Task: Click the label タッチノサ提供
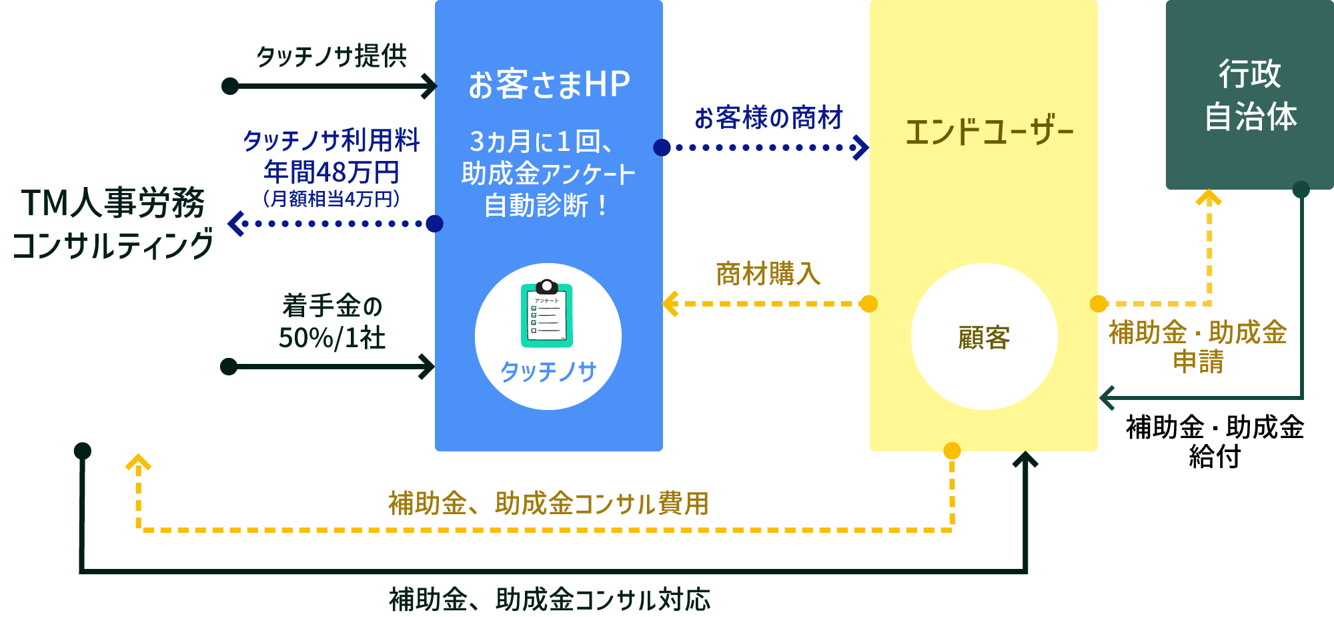coord(331,56)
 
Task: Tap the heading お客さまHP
coord(549,85)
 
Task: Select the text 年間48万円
coord(331,172)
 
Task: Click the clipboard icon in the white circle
coord(547,314)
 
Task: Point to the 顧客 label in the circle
coord(984,338)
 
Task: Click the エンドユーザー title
coord(988,132)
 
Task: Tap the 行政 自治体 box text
coord(1250,95)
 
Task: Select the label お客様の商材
coord(768,118)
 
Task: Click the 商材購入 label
coord(768,274)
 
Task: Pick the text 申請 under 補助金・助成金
coord(1198,362)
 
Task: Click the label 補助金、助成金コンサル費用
coord(548,503)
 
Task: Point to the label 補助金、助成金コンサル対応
coord(550,600)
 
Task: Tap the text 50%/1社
coord(331,338)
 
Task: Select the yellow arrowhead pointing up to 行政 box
coord(1209,198)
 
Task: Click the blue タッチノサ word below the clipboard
coord(548,372)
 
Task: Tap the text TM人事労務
coord(113,203)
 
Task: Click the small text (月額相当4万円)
coord(331,199)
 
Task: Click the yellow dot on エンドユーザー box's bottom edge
coord(952,451)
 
